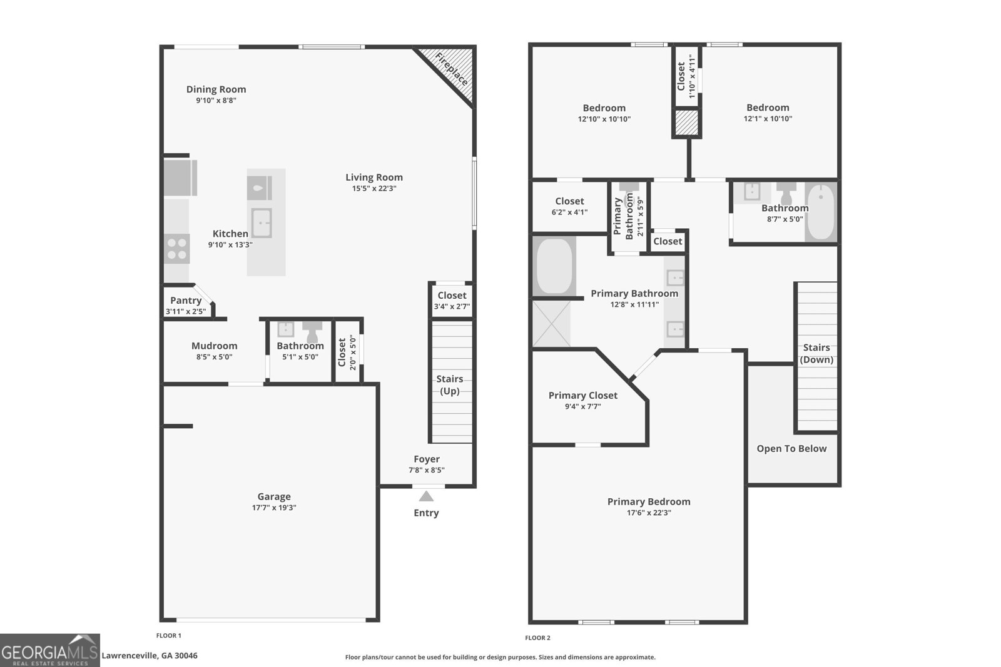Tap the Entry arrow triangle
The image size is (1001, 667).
click(426, 496)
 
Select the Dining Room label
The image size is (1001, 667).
click(216, 89)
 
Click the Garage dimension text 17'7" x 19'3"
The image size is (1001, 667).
click(274, 508)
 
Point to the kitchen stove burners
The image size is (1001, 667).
click(176, 249)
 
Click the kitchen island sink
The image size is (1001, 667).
click(262, 223)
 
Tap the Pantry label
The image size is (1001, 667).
click(186, 301)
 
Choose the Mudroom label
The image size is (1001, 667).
click(215, 346)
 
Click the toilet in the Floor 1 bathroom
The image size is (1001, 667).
click(312, 331)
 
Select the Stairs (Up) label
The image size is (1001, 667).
click(450, 385)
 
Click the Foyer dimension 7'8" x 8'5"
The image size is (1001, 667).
click(427, 469)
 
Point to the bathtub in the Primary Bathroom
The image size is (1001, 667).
click(554, 266)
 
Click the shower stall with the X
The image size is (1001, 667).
click(551, 323)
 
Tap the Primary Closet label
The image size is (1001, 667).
click(582, 395)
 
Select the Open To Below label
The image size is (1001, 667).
click(791, 449)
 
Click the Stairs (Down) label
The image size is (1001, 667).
click(816, 354)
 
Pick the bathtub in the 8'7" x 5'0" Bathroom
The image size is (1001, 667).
click(821, 212)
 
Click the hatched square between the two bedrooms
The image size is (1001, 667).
click(686, 123)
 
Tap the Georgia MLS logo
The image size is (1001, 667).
click(49, 651)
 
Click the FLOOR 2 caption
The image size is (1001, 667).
click(537, 638)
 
